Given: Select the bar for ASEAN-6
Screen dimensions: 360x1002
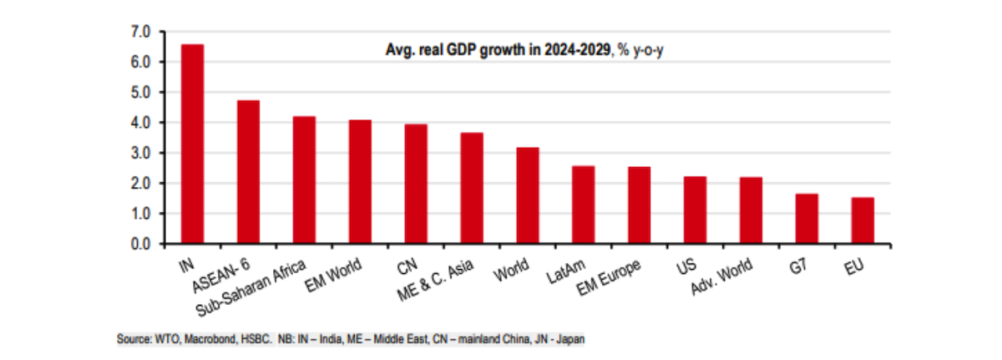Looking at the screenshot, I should pos(248,172).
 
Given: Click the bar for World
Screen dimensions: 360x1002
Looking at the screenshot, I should pos(528,195).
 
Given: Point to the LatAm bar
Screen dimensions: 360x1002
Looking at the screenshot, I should pos(584,205).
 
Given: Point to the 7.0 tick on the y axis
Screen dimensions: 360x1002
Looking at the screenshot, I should pos(140,32).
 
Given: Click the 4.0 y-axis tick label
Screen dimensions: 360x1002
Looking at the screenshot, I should pos(140,123).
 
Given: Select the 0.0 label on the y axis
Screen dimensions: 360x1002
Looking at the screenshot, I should pos(140,244).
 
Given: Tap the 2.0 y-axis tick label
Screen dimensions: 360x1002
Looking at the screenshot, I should pos(140,184).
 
